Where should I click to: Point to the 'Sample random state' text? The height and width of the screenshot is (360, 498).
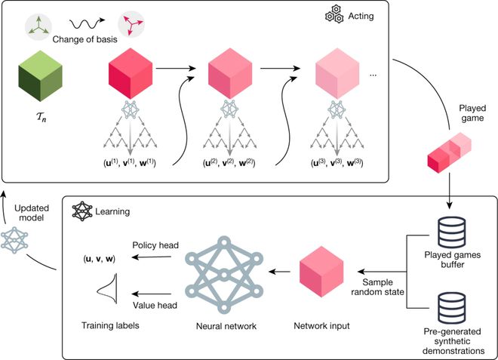[380, 285]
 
